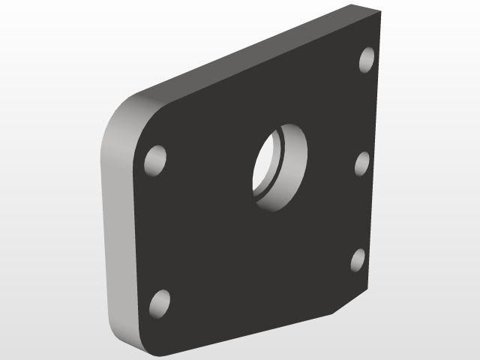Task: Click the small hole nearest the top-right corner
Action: pos(367,59)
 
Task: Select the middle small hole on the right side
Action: pos(361,163)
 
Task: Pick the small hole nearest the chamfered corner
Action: pos(358,259)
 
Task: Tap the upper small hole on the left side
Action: pos(155,160)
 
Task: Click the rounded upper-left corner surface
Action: pos(124,120)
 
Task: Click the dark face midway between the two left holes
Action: pos(157,232)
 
